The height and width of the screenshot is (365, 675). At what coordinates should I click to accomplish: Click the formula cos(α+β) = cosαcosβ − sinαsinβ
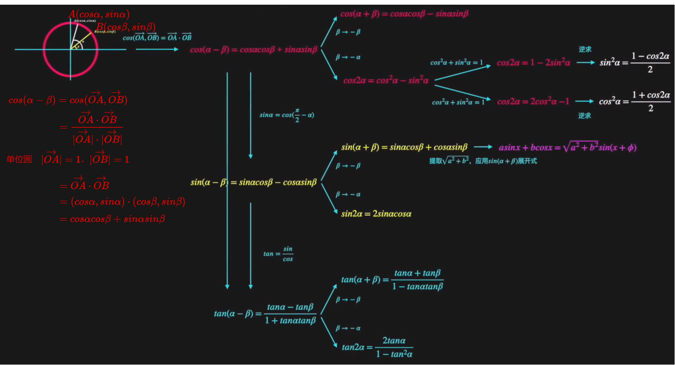(404, 14)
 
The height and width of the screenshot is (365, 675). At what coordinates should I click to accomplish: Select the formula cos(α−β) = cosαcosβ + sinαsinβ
(254, 49)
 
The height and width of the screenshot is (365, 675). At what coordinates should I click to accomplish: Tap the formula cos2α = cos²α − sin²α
(386, 80)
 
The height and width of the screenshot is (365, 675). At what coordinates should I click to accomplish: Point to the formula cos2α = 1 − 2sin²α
(533, 63)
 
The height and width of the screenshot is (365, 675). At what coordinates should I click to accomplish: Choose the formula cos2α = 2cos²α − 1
(533, 101)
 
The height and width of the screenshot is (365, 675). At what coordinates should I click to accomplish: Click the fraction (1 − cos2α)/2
(650, 63)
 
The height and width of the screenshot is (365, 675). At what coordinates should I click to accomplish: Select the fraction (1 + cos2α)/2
(651, 101)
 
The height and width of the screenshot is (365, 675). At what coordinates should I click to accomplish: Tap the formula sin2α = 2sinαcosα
(376, 214)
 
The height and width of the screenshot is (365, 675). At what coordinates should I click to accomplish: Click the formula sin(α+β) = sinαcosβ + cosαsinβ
(404, 147)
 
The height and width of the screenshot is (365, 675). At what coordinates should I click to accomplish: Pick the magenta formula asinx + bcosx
(567, 147)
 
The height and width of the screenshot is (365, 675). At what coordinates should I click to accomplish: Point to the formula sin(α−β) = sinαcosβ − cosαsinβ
(254, 182)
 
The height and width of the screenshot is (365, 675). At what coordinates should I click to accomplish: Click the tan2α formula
(377, 347)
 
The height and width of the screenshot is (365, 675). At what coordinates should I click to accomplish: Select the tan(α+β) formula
(392, 280)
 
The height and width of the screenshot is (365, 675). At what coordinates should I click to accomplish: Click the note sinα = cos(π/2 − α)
(287, 115)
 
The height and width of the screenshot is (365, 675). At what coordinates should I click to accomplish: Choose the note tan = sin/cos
(278, 254)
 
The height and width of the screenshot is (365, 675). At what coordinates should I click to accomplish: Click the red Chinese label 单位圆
(19, 159)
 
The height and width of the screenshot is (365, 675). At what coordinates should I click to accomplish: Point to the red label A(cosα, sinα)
(99, 14)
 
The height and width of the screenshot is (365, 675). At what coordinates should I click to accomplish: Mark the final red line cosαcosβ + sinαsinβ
(112, 219)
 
